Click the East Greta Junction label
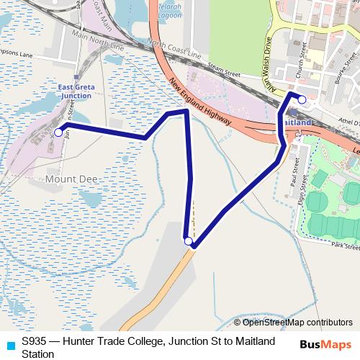[x=75, y=91]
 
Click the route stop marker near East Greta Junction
[x=58, y=132]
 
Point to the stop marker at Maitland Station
[x=302, y=99]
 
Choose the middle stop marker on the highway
[x=188, y=241]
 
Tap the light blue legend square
[x=10, y=346]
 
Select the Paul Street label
[x=294, y=174]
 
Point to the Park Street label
[x=346, y=246]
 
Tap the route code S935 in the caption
[x=35, y=340]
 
